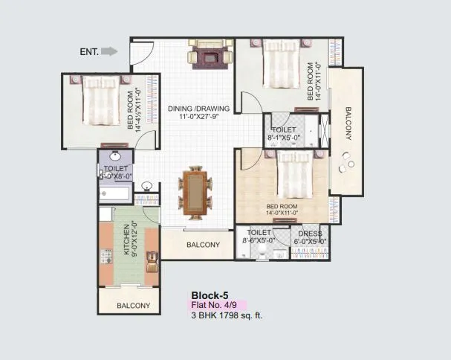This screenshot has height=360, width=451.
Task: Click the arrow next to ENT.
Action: coord(109,51)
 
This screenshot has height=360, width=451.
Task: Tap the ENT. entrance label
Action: coord(88,51)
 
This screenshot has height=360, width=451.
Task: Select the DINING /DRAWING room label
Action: coord(198,106)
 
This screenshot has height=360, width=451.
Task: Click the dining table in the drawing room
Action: coord(195,193)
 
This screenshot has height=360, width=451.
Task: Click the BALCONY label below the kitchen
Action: coord(134,306)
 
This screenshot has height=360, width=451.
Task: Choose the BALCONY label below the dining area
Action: coord(203,245)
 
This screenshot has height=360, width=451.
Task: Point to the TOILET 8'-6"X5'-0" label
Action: coord(259,236)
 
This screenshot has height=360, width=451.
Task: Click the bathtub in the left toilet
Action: coord(115,196)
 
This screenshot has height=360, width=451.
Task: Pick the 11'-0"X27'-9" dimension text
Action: coord(198,116)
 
